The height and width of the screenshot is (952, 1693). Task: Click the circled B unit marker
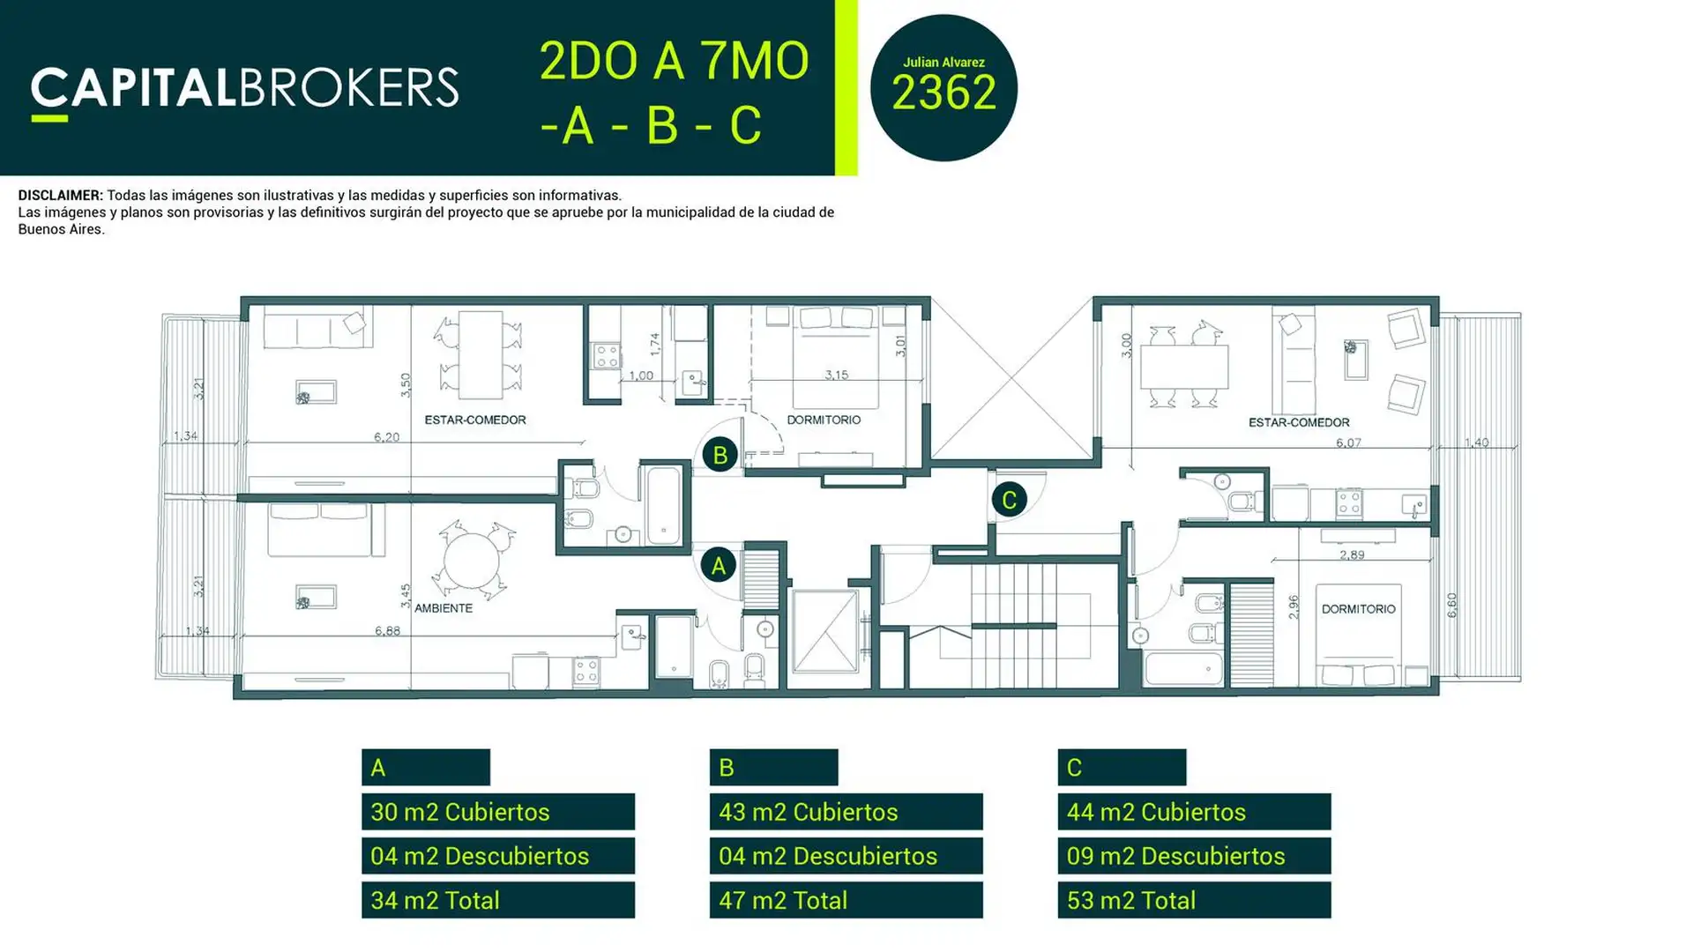[x=720, y=454]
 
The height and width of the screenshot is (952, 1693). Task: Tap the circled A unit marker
[x=718, y=565]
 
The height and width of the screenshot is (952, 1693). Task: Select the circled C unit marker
[x=1009, y=499]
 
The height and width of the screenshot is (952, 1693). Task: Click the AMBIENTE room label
[x=444, y=608]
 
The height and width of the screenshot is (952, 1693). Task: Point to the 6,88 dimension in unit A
[x=387, y=630]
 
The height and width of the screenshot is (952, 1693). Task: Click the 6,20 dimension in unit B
[x=386, y=436]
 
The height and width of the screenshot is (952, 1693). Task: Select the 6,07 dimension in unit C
[x=1348, y=443]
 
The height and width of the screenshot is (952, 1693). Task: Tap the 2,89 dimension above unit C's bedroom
[x=1352, y=554]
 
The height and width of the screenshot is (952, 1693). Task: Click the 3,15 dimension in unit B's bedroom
[x=836, y=375]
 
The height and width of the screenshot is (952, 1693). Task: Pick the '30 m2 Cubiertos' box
[x=498, y=812]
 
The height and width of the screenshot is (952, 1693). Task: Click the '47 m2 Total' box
[x=846, y=900]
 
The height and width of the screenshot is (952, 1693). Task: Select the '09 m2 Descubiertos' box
[x=1195, y=856]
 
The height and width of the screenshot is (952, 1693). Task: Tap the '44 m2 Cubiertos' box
[x=1195, y=812]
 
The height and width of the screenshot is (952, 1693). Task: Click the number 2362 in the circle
[x=943, y=93]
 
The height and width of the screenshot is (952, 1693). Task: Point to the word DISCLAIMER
[x=60, y=196]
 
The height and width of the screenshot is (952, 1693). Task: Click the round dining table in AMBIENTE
[x=473, y=562]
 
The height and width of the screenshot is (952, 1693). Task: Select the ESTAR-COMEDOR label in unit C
[x=1299, y=422]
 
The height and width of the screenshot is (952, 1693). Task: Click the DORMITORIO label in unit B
[x=824, y=420]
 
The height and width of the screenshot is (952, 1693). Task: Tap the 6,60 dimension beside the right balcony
[x=1452, y=605]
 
